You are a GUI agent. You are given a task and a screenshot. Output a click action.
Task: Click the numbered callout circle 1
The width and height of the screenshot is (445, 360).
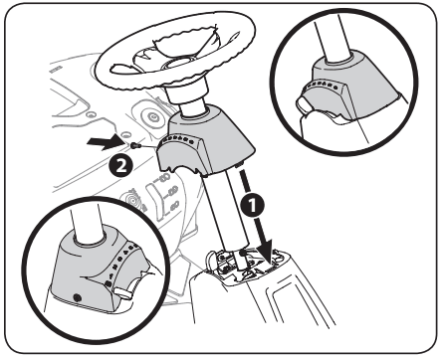pyautogui.click(x=253, y=205)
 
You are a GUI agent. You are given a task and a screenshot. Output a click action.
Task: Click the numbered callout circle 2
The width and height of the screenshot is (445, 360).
pyautogui.click(x=121, y=165)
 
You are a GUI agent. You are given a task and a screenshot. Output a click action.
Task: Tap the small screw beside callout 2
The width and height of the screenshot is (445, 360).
pyautogui.click(x=135, y=145)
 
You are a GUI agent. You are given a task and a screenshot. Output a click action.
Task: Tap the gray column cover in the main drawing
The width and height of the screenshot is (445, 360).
pyautogui.click(x=206, y=141)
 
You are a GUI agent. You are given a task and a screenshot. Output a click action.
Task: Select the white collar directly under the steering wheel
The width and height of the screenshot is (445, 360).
pyautogui.click(x=187, y=94)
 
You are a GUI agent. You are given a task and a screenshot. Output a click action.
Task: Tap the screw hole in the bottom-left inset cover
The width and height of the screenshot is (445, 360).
pyautogui.click(x=77, y=297)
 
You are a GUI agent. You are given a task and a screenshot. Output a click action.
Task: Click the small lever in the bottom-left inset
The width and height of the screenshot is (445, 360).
pyautogui.click(x=124, y=291)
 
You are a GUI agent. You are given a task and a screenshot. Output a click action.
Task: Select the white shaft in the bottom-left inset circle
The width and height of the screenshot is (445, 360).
pyautogui.click(x=88, y=221)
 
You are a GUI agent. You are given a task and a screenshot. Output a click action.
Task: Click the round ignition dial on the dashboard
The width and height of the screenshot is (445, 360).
pyautogui.click(x=153, y=116)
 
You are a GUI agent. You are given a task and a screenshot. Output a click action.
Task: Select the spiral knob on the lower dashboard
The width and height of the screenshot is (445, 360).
pyautogui.click(x=135, y=200)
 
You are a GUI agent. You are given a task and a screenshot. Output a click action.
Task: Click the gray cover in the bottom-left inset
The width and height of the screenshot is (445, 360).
pyautogui.click(x=97, y=271)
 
